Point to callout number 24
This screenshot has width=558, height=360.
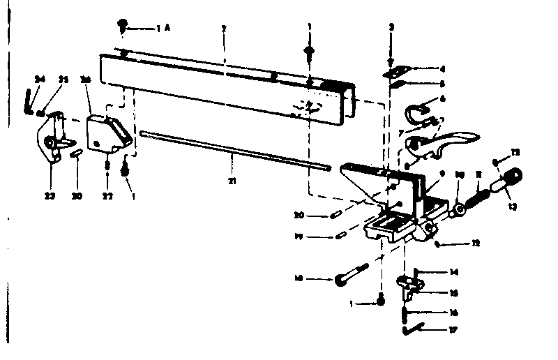tap(40, 80)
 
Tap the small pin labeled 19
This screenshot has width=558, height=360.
tap(340, 236)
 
